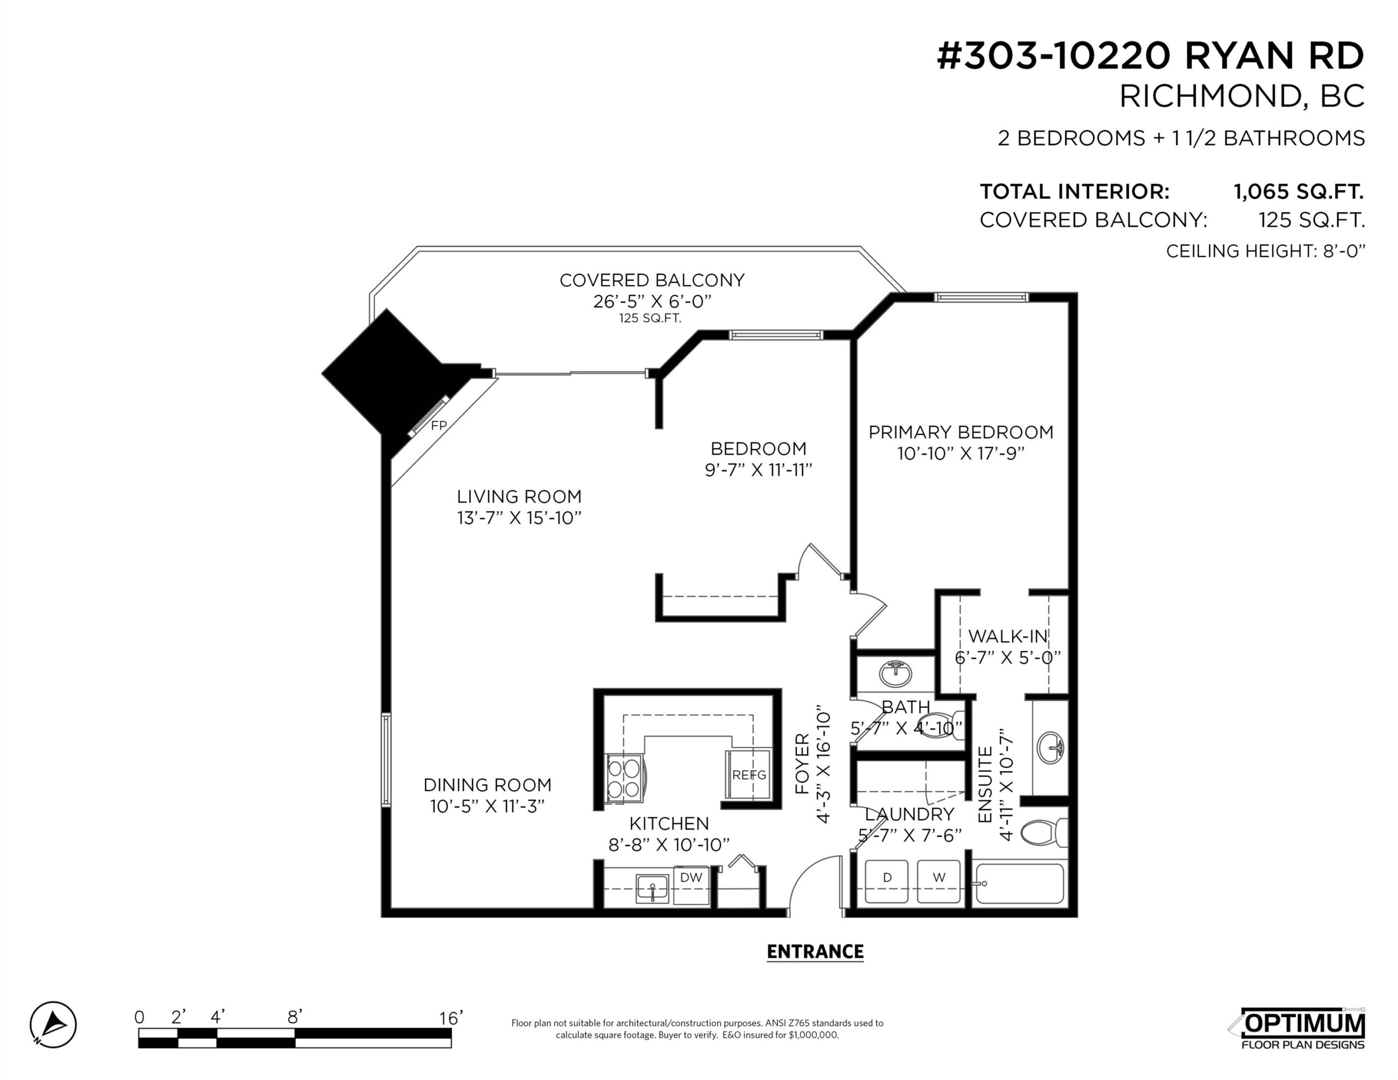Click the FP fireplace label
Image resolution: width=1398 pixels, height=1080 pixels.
coord(439,426)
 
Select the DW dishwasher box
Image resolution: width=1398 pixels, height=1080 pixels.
coord(691,885)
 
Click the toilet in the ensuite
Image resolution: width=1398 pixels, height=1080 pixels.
coord(1044,833)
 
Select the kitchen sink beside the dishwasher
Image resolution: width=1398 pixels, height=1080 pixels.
coord(652,888)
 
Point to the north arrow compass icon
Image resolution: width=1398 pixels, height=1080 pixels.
coord(53,1024)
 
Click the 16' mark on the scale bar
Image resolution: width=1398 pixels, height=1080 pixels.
coord(451,1018)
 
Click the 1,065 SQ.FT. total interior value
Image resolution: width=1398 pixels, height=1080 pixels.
coord(1299,192)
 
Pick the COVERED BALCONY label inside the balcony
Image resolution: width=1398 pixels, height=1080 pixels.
coord(651,281)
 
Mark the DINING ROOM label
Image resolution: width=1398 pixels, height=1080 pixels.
coord(487,785)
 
